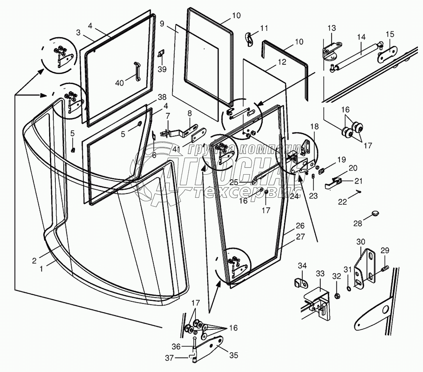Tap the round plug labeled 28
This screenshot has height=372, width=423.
coord(375,213)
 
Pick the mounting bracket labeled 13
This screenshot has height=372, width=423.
coord(331,52)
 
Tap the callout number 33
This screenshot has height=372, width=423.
coord(320,274)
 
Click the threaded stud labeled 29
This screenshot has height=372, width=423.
coord(384,269)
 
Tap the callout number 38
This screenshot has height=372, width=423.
coord(151,97)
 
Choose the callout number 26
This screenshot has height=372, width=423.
coord(299,226)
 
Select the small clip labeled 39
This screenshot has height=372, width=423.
coord(161,54)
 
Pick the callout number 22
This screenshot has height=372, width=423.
coord(342,202)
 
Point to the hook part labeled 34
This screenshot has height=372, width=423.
coord(300,282)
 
